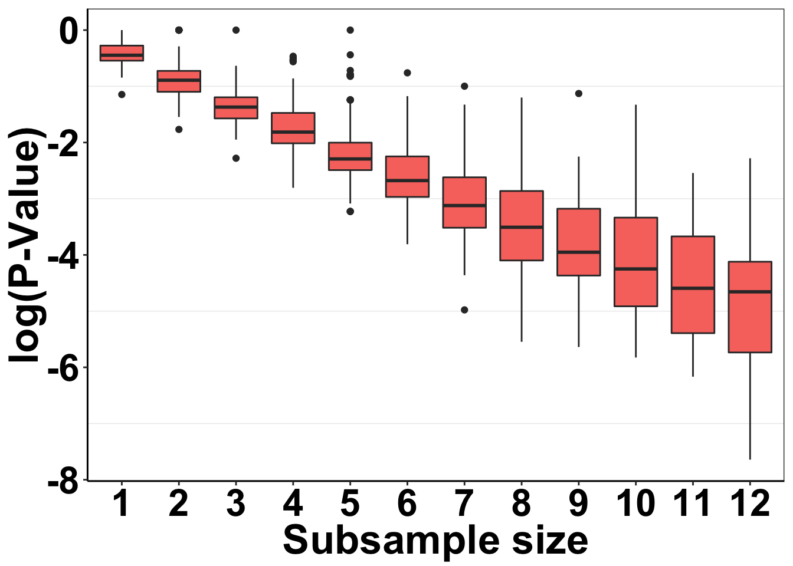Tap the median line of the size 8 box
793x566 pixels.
pyautogui.click(x=522, y=227)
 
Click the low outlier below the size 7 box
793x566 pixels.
pyautogui.click(x=464, y=310)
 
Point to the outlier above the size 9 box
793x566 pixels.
pyautogui.click(x=579, y=93)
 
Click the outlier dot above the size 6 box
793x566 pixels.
pyautogui.click(x=407, y=73)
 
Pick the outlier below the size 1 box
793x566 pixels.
pyautogui.click(x=122, y=94)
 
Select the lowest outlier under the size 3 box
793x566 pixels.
pyautogui.click(x=236, y=158)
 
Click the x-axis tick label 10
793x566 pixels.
pyautogui.click(x=635, y=505)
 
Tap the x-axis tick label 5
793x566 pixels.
pyautogui.click(x=350, y=505)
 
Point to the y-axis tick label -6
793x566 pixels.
pyautogui.click(x=64, y=368)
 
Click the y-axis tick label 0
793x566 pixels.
pyautogui.click(x=69, y=31)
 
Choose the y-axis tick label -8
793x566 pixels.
pyautogui.click(x=64, y=483)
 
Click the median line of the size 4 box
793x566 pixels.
pyautogui.click(x=293, y=131)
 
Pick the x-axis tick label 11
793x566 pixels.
pyautogui.click(x=692, y=505)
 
